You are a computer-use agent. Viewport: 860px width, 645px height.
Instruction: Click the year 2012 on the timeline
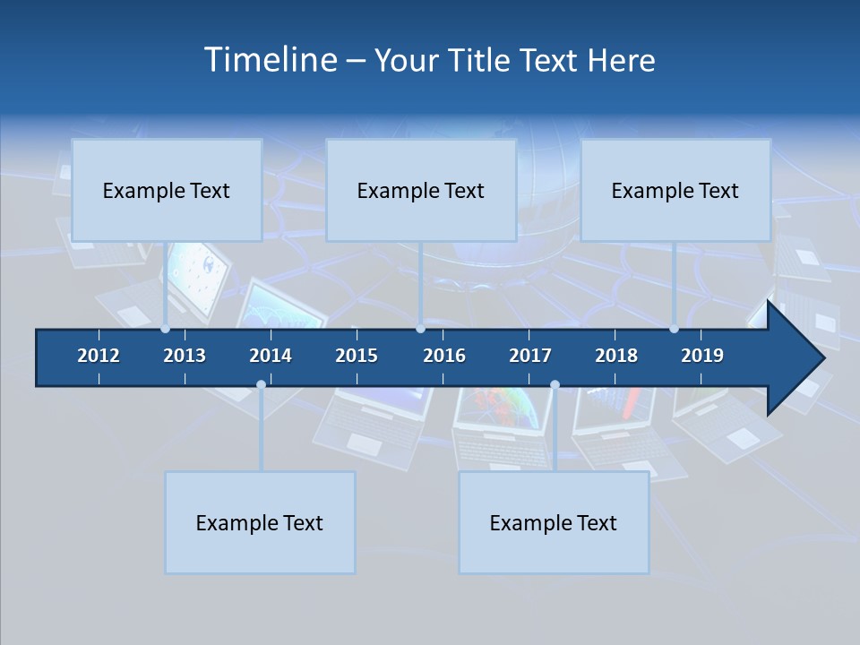coord(99,356)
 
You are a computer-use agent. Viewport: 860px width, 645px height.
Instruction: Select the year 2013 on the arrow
coord(185,356)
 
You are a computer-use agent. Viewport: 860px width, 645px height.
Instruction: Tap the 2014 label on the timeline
coord(271,356)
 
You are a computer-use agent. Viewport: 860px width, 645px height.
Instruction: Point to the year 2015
coord(357,356)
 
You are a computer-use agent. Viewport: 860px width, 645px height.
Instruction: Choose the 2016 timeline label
coord(444,356)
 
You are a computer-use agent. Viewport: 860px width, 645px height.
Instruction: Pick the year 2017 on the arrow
coord(530,356)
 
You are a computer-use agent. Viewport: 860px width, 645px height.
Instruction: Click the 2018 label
coord(616,356)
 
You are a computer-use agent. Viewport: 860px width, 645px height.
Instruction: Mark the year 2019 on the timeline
coord(702,356)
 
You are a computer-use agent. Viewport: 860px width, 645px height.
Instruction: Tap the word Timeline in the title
coord(269,60)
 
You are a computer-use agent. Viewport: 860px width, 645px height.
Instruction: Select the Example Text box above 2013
coord(167,190)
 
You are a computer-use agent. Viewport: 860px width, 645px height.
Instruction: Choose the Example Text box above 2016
coord(421,190)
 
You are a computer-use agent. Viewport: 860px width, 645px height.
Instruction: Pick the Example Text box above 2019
coord(675,190)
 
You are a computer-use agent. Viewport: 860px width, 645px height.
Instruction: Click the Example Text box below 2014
coord(260,522)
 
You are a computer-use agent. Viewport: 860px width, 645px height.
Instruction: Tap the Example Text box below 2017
coord(554,522)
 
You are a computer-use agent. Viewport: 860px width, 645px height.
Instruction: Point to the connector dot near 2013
coord(166,329)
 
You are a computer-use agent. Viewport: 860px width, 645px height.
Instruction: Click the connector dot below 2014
coord(261,384)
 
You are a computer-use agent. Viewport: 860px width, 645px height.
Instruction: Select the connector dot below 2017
coord(555,384)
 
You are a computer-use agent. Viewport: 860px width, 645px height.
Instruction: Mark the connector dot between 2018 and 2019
coord(674,329)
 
